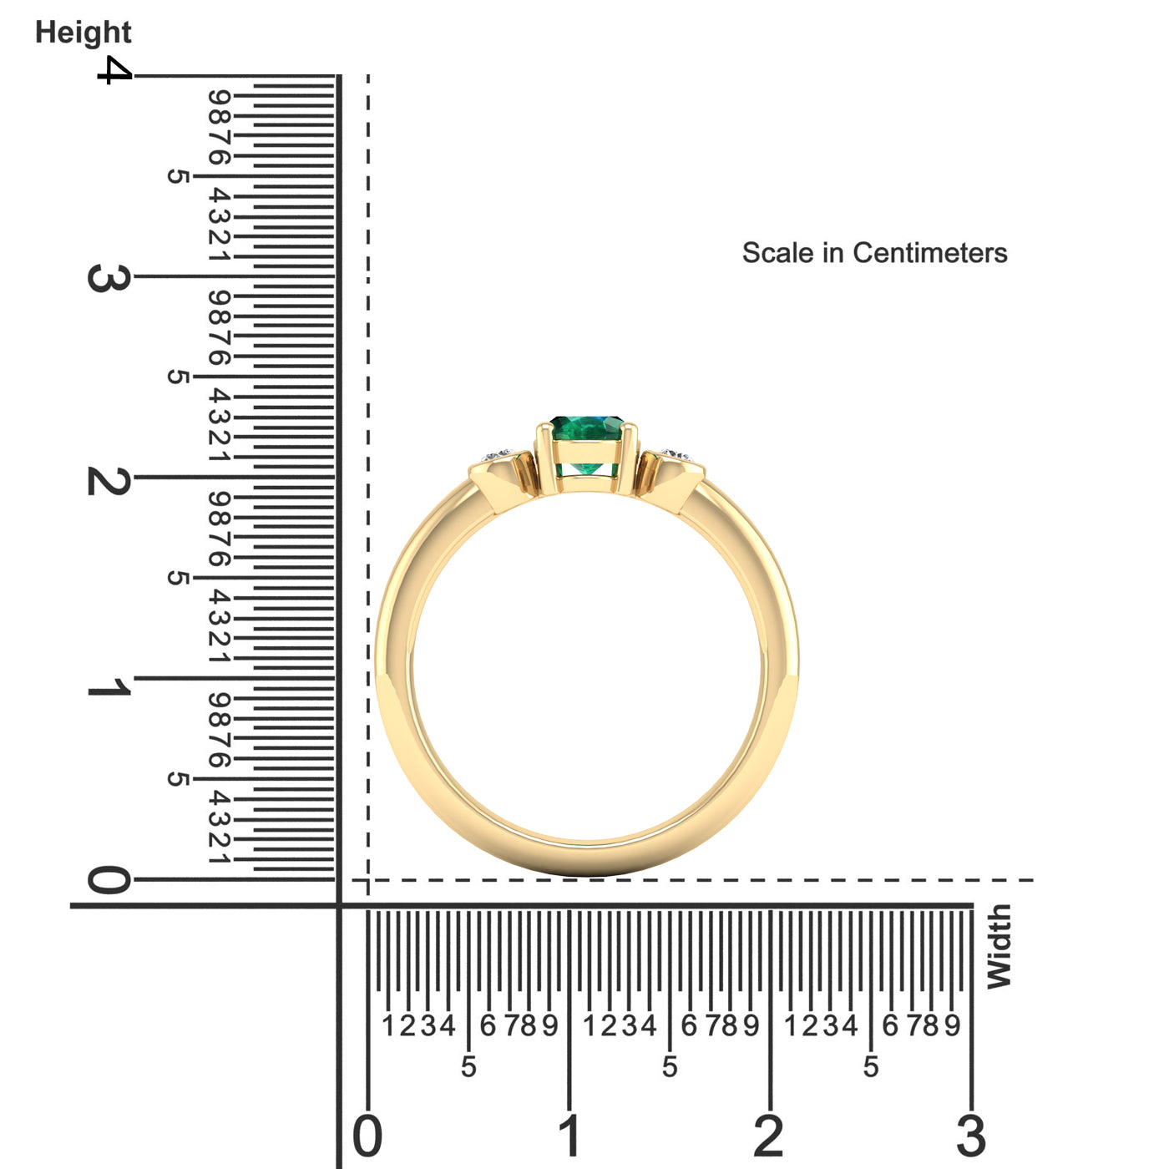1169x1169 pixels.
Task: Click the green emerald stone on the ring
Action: [x=587, y=443]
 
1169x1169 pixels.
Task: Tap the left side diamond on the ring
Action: [x=498, y=455]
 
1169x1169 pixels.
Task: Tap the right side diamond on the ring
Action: [x=676, y=454]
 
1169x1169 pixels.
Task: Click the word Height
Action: [x=83, y=33]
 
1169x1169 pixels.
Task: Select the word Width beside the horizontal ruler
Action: [x=999, y=946]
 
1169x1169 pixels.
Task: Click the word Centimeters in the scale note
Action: [x=930, y=252]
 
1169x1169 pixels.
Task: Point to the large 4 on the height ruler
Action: [x=114, y=69]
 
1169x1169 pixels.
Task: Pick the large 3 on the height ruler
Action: [x=109, y=278]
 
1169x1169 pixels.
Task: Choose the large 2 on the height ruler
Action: [x=109, y=481]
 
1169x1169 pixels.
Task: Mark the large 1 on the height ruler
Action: [x=109, y=686]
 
